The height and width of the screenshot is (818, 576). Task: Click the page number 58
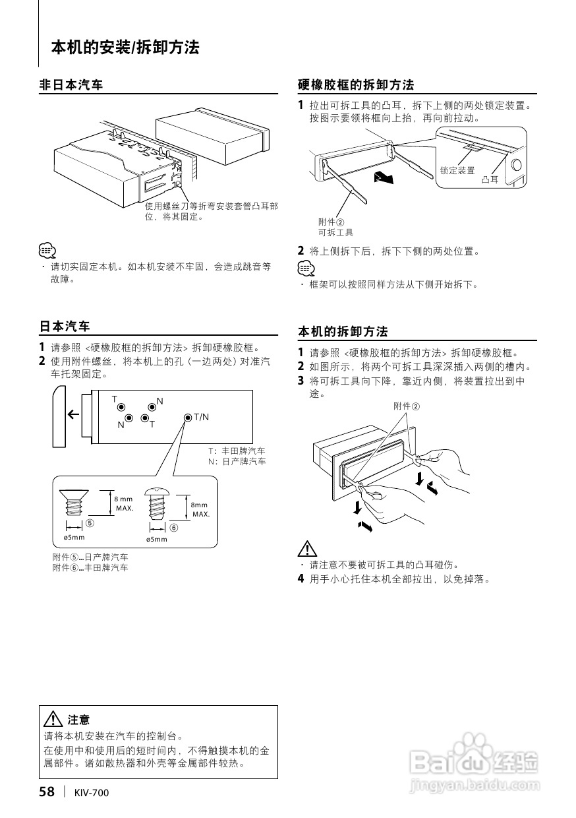[x=46, y=792]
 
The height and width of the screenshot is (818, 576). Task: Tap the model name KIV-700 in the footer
[x=92, y=793]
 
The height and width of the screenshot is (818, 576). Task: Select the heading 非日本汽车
[x=71, y=85]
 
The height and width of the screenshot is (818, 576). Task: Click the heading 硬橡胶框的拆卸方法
[x=356, y=85]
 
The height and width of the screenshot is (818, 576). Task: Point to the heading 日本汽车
[x=65, y=327]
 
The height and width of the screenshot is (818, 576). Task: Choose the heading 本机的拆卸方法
[x=343, y=331]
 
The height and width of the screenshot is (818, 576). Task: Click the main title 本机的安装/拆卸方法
[x=125, y=47]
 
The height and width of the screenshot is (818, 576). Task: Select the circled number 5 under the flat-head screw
[x=89, y=524]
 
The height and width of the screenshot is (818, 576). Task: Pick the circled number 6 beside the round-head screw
[x=174, y=528]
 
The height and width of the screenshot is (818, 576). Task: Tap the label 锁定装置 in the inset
[x=457, y=170]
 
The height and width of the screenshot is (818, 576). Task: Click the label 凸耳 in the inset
[x=490, y=179]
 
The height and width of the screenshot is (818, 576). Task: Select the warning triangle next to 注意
[x=52, y=720]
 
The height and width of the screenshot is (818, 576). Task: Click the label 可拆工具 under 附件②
[x=335, y=232]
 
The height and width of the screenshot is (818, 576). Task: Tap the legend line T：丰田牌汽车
[x=237, y=451]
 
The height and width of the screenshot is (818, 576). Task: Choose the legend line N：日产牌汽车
[x=237, y=461]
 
